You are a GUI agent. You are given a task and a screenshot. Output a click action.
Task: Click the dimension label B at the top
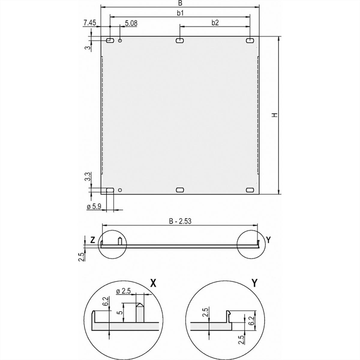[x=180, y=3]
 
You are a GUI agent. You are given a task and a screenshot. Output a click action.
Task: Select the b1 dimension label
[x=180, y=13]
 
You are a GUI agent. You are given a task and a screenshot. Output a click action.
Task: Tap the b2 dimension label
[x=215, y=22]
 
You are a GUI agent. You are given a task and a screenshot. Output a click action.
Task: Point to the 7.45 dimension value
[x=90, y=22]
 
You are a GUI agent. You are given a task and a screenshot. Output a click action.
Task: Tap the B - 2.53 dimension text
[x=180, y=221]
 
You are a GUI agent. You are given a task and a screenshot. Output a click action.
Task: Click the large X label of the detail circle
[x=153, y=283]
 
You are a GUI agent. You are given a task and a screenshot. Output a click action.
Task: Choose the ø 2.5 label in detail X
[x=124, y=291]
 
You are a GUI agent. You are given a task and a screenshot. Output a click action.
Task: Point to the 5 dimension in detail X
[x=120, y=313]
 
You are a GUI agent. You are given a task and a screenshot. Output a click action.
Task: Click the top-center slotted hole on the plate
[x=180, y=40]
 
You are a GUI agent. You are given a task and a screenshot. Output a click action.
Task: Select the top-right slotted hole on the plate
[x=250, y=40]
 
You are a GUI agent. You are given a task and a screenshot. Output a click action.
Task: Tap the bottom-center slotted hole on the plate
[x=180, y=190]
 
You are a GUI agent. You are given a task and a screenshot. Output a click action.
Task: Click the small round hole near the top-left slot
[x=120, y=40]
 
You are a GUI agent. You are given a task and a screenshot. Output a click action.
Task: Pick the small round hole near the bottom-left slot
[x=120, y=190]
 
